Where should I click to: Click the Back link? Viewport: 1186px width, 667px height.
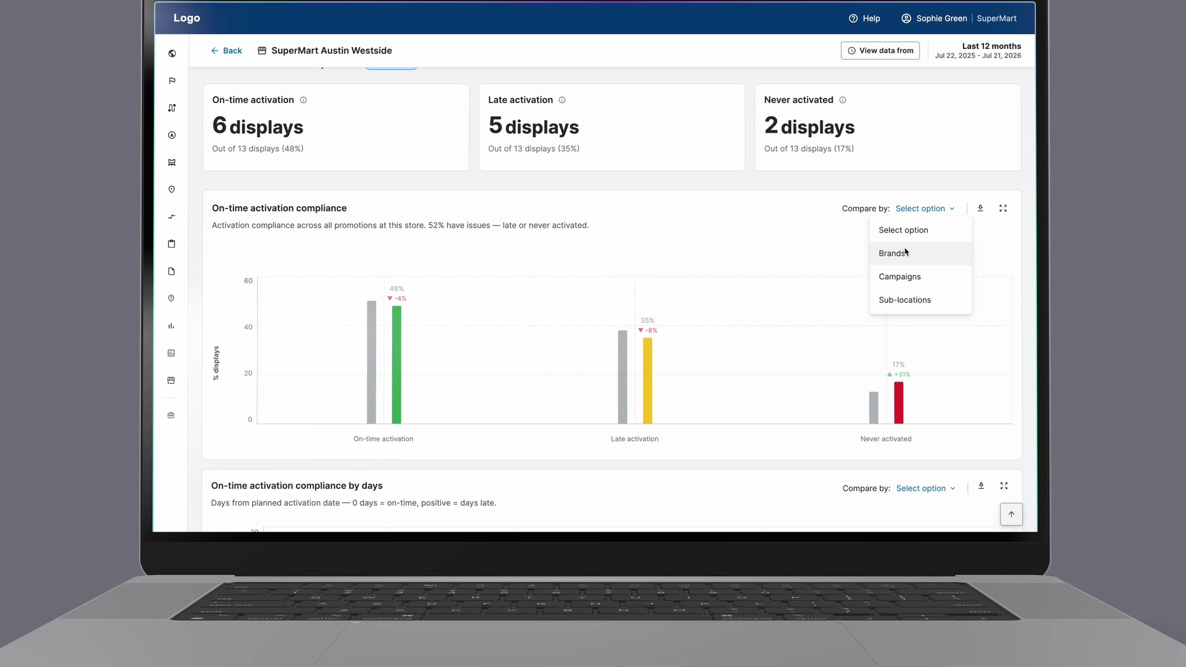coord(226,51)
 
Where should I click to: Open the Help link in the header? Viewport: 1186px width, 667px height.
coord(864,19)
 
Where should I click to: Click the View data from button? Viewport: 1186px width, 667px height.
coord(880,51)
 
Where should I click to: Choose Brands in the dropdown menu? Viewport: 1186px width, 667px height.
coord(892,253)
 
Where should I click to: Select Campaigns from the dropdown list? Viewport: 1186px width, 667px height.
coord(899,277)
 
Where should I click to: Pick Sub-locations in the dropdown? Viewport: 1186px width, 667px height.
coord(904,300)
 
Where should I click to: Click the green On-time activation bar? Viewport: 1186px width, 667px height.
coord(397,365)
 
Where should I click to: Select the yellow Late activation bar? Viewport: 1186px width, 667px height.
coord(647,380)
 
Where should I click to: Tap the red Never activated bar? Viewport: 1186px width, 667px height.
coord(899,403)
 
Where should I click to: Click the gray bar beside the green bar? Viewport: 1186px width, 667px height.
coord(371,363)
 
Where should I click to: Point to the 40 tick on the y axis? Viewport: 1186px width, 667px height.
coord(248,327)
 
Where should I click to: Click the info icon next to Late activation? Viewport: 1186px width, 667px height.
coord(562,100)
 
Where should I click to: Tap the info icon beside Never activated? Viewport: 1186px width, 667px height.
coord(843,100)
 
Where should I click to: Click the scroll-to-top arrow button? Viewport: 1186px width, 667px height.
coord(1011,514)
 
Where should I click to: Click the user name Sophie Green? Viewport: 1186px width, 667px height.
coord(941,19)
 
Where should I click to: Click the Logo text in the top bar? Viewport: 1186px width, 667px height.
coord(187,18)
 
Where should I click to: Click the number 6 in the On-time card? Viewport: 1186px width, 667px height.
coord(219,125)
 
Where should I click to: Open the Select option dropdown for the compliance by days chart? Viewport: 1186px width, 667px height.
coord(925,489)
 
